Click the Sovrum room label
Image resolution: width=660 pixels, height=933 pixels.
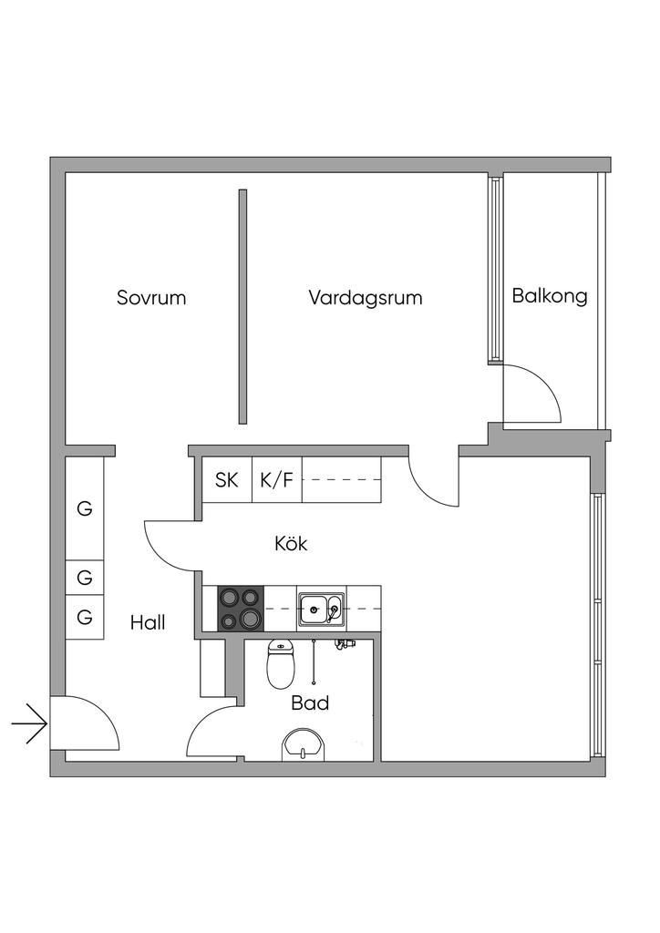[x=151, y=297]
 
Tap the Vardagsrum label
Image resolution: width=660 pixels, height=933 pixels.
[x=365, y=297]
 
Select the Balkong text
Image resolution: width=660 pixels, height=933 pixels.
[x=549, y=295]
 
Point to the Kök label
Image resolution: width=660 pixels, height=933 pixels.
[x=291, y=544]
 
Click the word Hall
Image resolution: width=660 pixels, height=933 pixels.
[x=148, y=623]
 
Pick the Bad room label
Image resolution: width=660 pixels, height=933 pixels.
[x=310, y=702]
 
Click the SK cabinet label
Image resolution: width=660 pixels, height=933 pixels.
[x=227, y=480]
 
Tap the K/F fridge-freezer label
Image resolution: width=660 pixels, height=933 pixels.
[x=276, y=480]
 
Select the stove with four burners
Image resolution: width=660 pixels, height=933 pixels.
[x=240, y=608]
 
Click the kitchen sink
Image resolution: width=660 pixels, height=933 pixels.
[x=321, y=607]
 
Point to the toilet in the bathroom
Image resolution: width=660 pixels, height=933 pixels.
[x=281, y=663]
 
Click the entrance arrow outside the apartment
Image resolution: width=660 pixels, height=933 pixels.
[x=29, y=725]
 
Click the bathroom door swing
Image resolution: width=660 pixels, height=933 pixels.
[x=211, y=733]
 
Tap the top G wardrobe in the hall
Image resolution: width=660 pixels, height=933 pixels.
[x=85, y=508]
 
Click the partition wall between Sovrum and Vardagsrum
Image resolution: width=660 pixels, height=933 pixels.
[x=242, y=306]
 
